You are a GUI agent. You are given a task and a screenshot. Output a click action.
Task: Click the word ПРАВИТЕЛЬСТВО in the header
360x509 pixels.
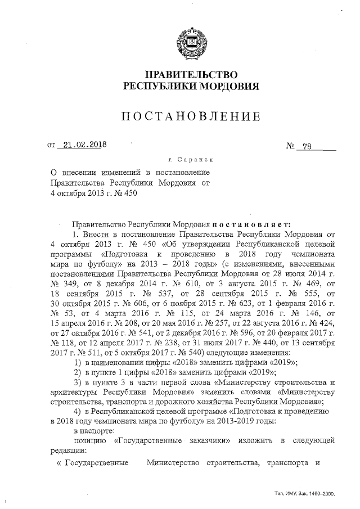[x=191, y=75]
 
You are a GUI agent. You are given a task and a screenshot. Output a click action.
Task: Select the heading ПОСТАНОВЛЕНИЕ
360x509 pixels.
[x=191, y=117]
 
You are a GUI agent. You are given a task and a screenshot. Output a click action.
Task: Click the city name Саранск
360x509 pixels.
[x=196, y=160]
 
